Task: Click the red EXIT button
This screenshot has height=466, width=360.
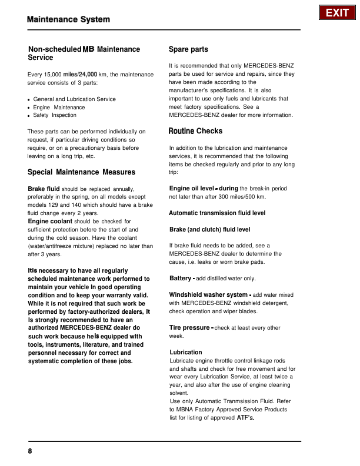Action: (x=337, y=13)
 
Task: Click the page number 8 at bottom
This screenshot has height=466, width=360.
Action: (x=29, y=451)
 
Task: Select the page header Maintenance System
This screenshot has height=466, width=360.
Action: (x=68, y=20)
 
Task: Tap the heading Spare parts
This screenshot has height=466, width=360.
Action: (x=188, y=49)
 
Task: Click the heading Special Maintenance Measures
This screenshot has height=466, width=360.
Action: (x=82, y=172)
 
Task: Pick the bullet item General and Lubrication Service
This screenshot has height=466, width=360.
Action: (x=75, y=99)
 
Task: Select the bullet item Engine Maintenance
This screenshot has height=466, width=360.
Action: (x=59, y=108)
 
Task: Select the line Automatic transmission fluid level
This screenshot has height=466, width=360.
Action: (x=217, y=213)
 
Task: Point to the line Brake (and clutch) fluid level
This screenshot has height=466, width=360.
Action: (x=209, y=229)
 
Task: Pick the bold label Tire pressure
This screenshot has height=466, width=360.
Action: (x=189, y=327)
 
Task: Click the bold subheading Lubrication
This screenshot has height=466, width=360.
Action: (x=185, y=353)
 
